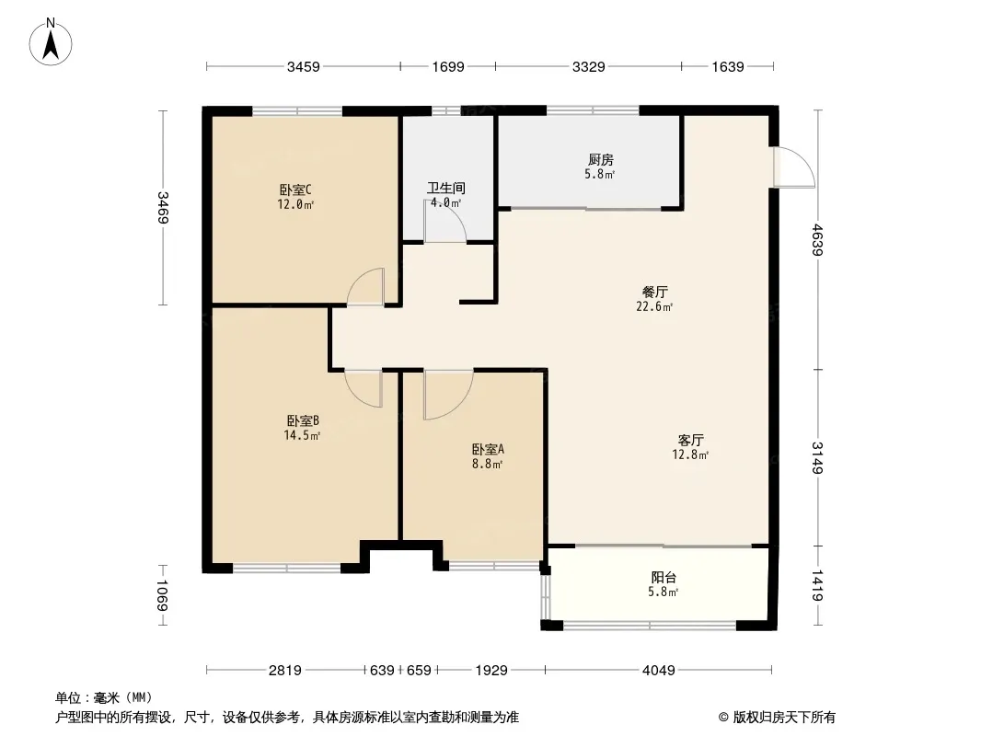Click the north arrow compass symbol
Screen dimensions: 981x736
tap(51, 42)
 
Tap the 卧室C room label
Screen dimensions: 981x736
tap(295, 190)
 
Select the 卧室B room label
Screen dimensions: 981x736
tap(303, 420)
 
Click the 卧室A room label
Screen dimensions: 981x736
tap(488, 450)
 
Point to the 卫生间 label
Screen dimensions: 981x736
tap(446, 188)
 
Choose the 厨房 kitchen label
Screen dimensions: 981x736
tap(600, 159)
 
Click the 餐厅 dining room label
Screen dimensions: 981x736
tap(655, 292)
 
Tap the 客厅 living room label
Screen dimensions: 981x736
tap(691, 440)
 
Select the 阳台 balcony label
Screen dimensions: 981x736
tap(664, 577)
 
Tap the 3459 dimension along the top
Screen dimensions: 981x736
tap(304, 66)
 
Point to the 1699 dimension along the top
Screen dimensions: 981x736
tap(448, 66)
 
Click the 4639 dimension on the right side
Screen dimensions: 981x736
tap(818, 239)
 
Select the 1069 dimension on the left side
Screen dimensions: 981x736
tap(162, 595)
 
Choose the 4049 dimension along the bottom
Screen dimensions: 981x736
tap(659, 671)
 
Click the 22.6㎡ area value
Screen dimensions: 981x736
tap(654, 306)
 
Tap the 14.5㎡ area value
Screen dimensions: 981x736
tap(302, 435)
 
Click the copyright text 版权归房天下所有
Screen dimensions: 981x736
tap(784, 718)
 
